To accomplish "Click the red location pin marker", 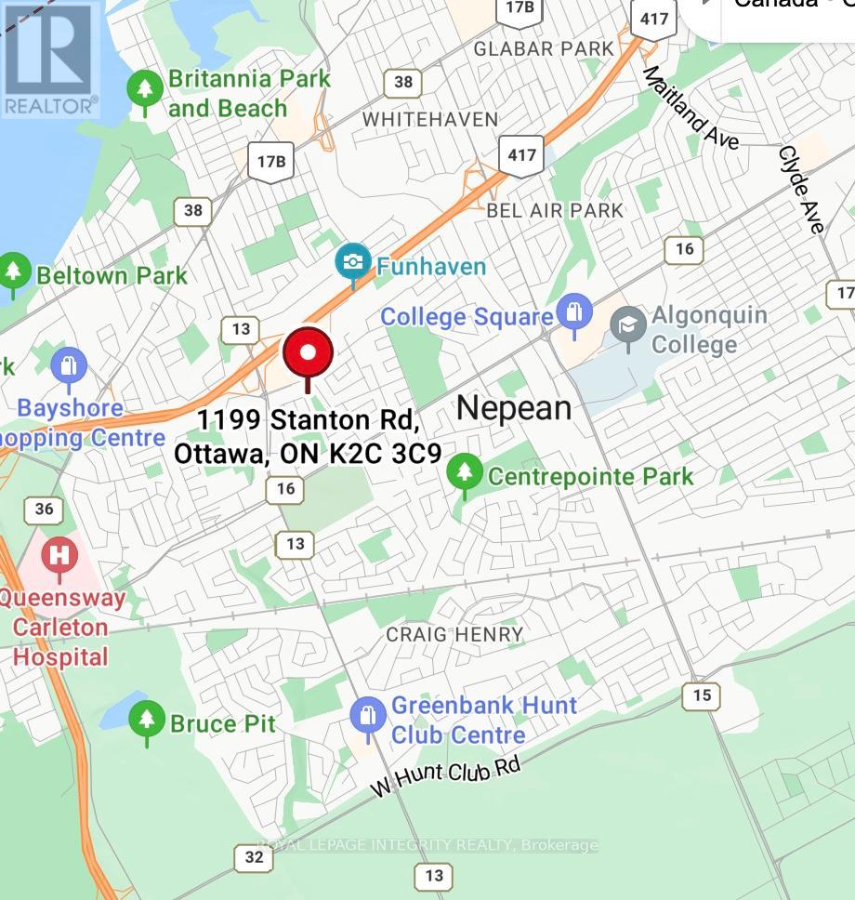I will click(x=308, y=354).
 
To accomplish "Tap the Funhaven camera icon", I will click(x=353, y=262).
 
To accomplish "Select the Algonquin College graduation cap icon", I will click(x=628, y=325).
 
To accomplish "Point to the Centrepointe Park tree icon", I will click(x=464, y=474).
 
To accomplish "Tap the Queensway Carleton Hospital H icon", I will click(x=59, y=556).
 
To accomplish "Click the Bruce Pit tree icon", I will click(x=145, y=721).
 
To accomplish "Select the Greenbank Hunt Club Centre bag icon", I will click(x=368, y=717).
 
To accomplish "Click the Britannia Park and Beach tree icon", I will click(x=145, y=89).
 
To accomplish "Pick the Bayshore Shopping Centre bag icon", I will click(x=69, y=366).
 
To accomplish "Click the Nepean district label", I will click(x=514, y=407).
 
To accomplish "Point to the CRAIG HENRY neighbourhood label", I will click(x=454, y=634).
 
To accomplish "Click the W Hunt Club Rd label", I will click(x=446, y=775).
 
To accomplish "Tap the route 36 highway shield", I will click(x=45, y=509).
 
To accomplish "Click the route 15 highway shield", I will click(x=701, y=695).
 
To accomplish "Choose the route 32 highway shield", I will click(x=254, y=857).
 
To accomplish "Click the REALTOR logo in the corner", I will click(x=50, y=58).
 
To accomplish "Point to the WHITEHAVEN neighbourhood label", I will click(x=430, y=119).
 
